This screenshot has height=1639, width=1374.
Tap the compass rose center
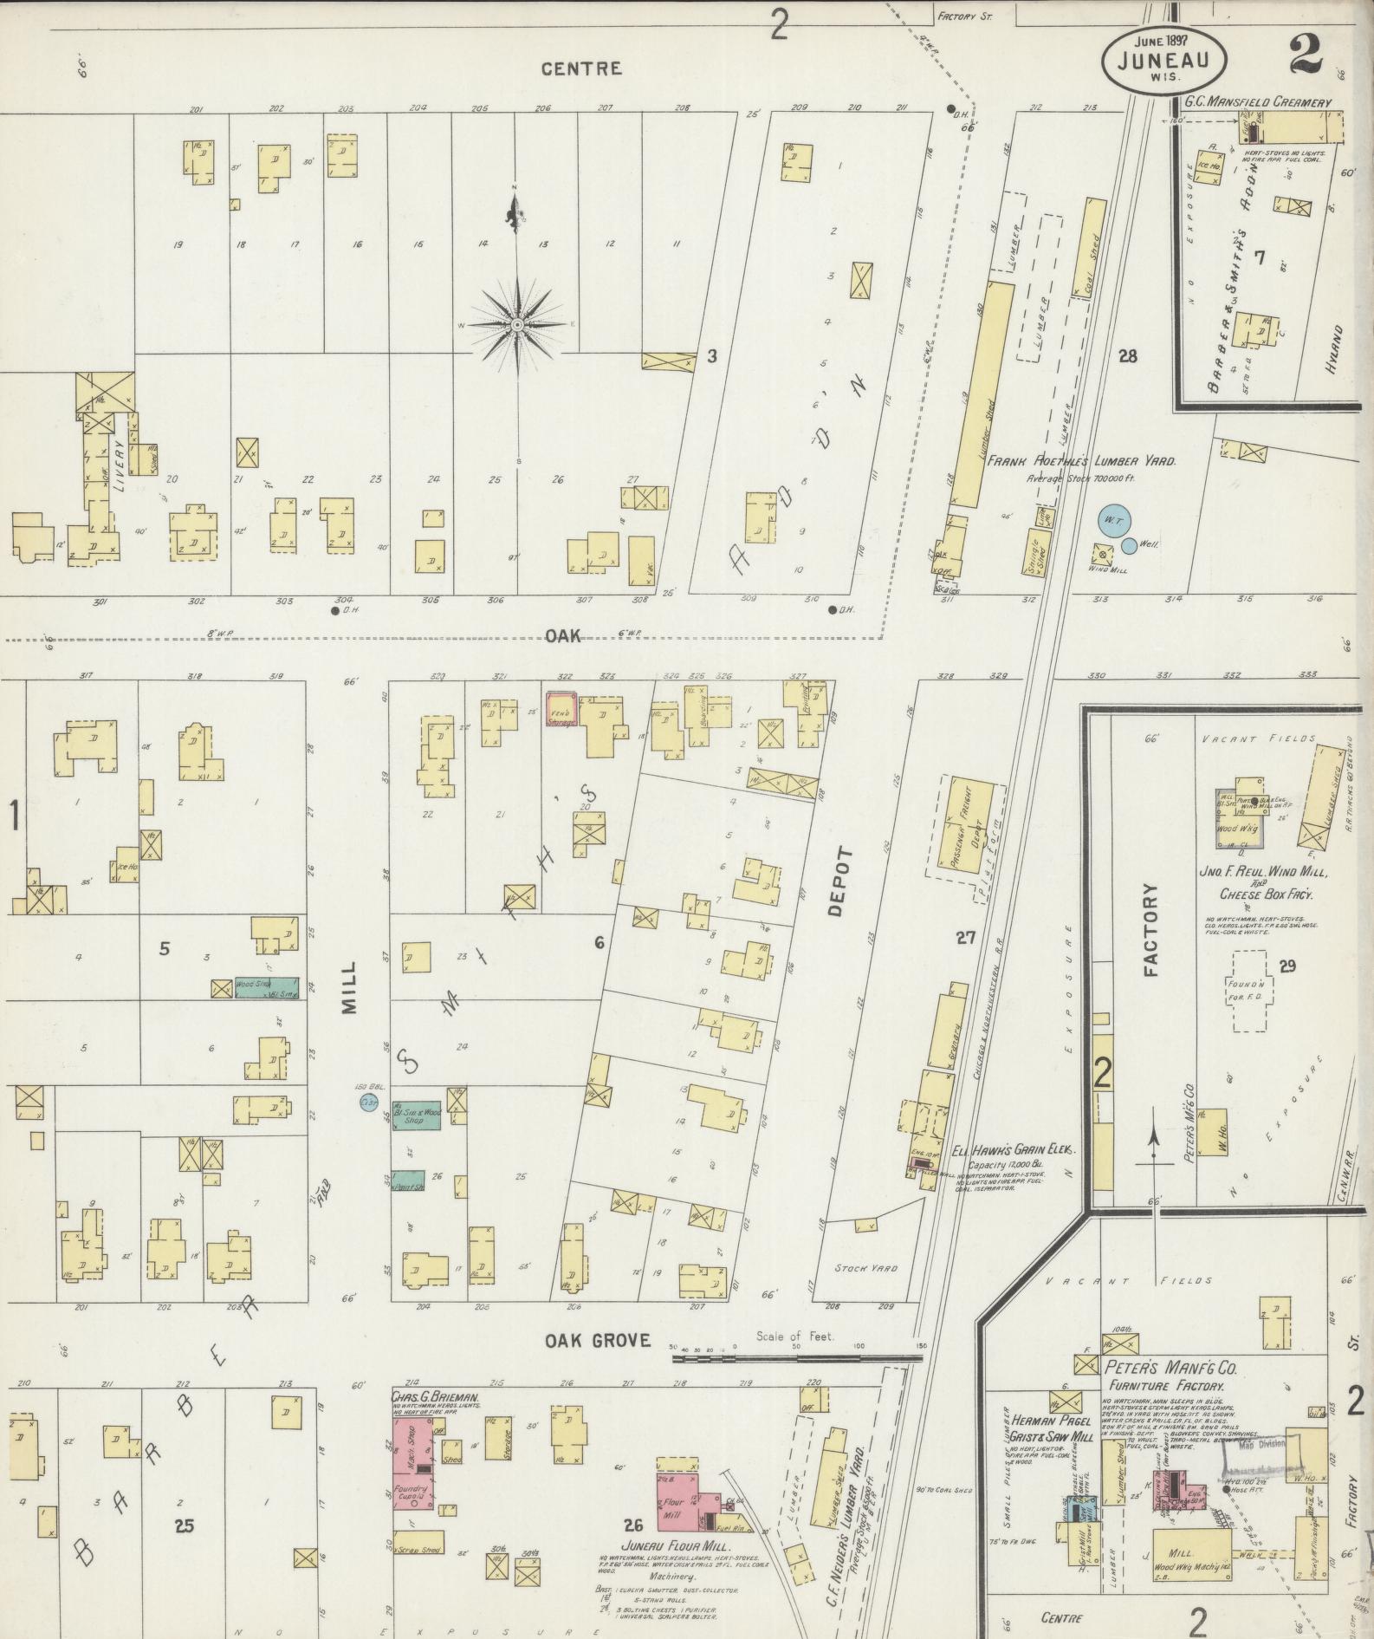click(516, 325)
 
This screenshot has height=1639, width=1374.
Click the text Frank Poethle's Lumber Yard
click(1081, 462)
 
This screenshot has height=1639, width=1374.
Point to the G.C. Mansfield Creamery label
click(1257, 102)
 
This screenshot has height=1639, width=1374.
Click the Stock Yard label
click(866, 1268)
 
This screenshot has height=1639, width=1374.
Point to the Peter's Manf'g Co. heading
click(1170, 1368)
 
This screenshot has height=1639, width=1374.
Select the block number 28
click(1127, 356)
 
